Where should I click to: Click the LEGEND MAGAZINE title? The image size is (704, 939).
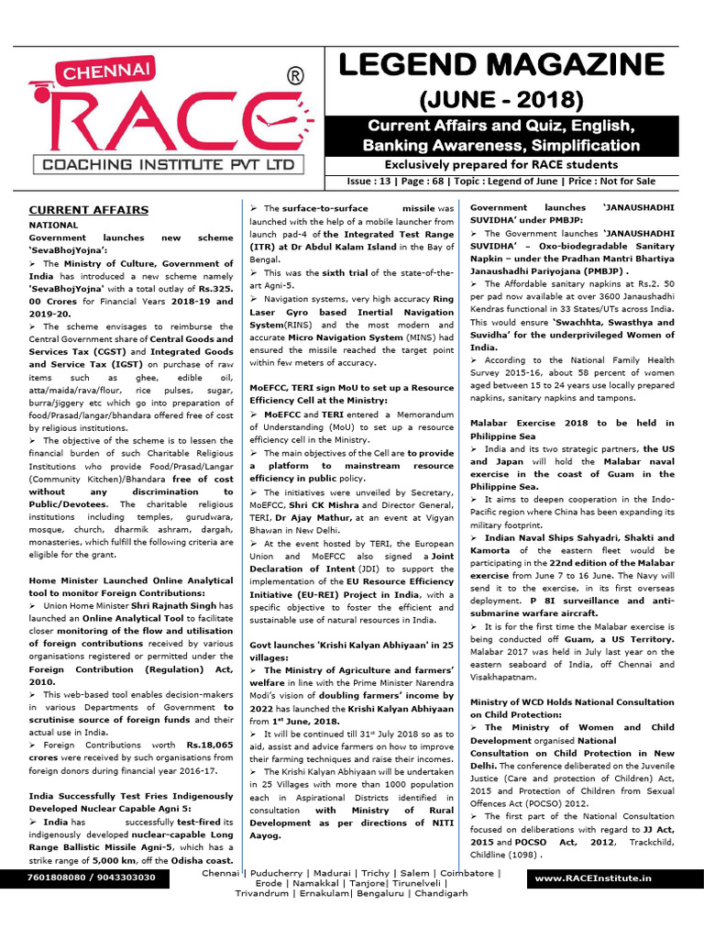(501, 64)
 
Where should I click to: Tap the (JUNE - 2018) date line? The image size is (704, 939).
(501, 99)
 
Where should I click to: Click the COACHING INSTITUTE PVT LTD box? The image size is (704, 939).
(166, 165)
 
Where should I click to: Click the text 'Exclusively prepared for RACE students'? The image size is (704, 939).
(500, 164)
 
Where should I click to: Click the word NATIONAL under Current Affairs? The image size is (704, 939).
(53, 224)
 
